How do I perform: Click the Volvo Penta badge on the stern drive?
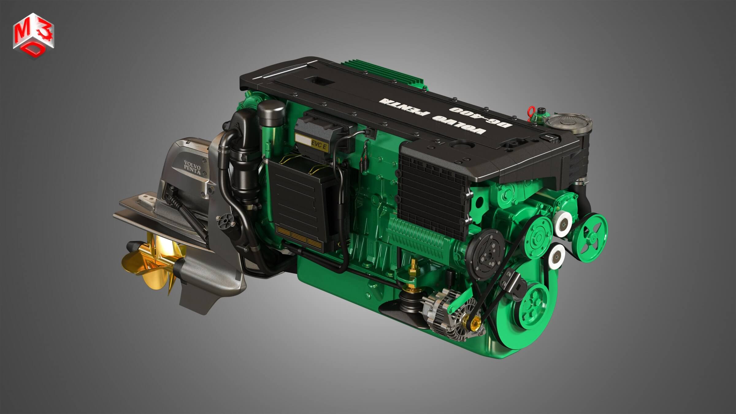192,167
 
